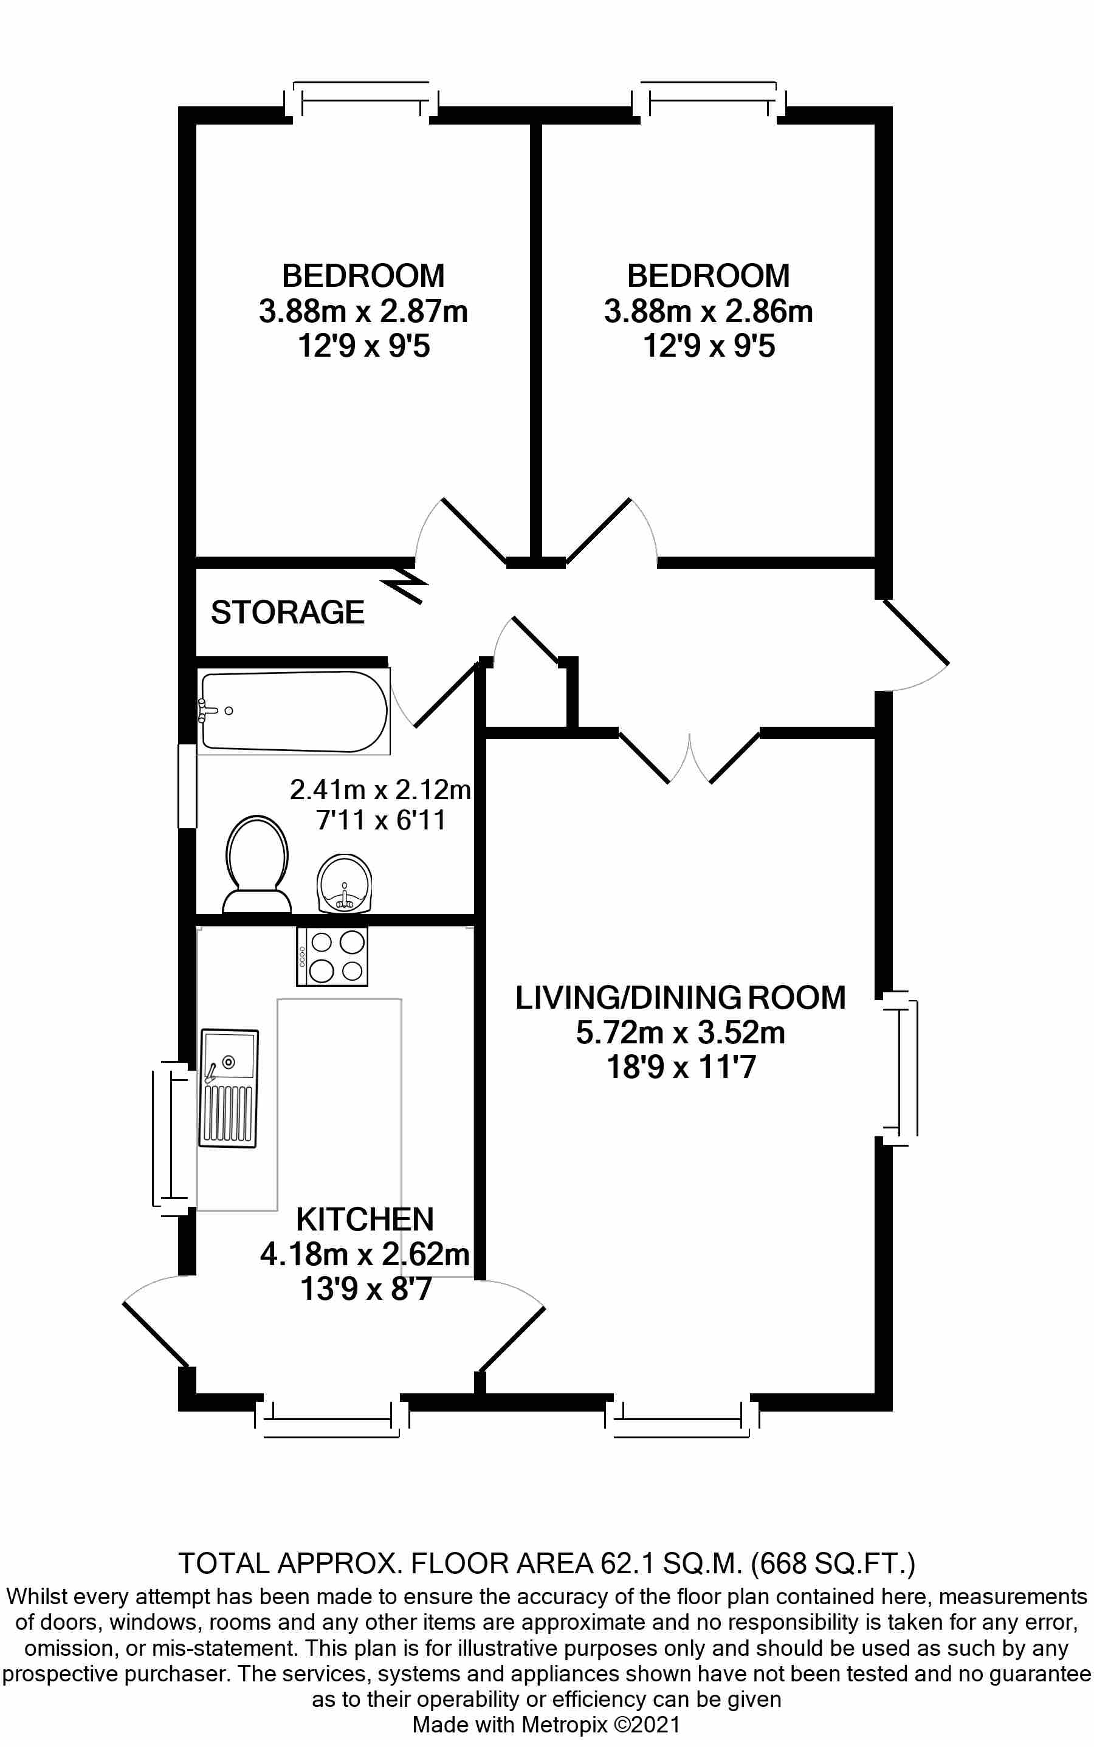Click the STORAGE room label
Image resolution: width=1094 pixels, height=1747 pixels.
pyautogui.click(x=287, y=613)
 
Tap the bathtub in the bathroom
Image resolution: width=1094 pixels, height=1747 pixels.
pyautogui.click(x=293, y=712)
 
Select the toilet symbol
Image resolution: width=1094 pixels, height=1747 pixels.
pyautogui.click(x=257, y=865)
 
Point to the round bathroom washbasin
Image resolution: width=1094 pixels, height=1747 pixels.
pyautogui.click(x=345, y=882)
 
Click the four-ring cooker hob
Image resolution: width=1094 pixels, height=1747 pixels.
pyautogui.click(x=332, y=956)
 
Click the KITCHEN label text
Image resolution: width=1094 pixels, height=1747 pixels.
pyautogui.click(x=365, y=1220)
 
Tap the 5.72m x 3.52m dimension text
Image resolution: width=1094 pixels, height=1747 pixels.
pyautogui.click(x=680, y=1032)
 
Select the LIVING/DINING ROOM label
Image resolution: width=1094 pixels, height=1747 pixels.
pyautogui.click(x=680, y=998)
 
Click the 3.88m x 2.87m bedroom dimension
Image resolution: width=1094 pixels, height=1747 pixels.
pyautogui.click(x=363, y=312)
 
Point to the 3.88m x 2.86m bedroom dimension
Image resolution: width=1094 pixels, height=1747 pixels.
pyautogui.click(x=708, y=312)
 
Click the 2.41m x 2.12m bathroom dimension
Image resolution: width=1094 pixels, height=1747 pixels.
pyautogui.click(x=380, y=789)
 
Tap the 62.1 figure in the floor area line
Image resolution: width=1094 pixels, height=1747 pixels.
pyautogui.click(x=627, y=1564)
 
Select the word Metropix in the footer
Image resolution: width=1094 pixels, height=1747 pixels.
pyautogui.click(x=565, y=1725)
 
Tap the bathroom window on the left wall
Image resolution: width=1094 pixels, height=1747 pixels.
pyautogui.click(x=187, y=786)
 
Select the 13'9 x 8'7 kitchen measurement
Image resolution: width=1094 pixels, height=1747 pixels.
pyautogui.click(x=366, y=1289)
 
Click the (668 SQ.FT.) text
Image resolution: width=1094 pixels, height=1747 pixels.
pyautogui.click(x=833, y=1564)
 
